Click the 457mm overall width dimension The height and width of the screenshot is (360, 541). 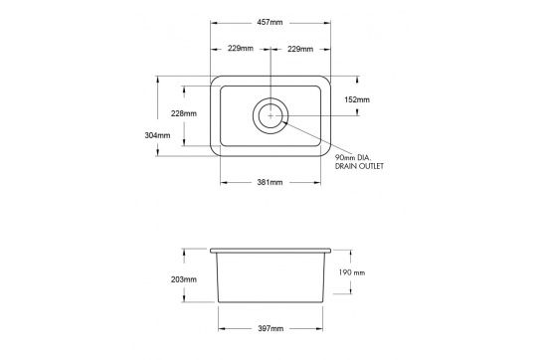(270, 21)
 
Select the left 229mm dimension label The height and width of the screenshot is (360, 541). (239, 48)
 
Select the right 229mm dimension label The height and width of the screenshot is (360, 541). (299, 48)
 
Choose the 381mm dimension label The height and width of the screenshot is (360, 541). (270, 183)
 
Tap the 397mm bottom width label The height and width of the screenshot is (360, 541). (270, 328)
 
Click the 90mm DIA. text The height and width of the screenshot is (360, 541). (353, 157)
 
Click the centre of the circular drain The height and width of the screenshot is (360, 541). (270, 115)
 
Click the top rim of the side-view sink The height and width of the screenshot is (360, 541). (270, 250)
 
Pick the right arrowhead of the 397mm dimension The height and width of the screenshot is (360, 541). (324, 328)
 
